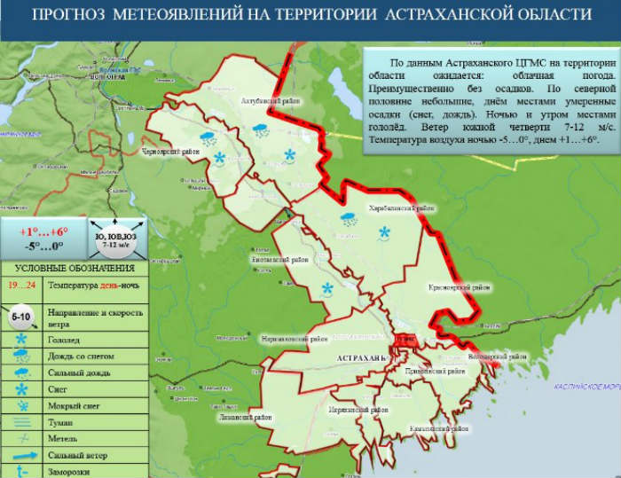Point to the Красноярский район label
[x=460, y=287]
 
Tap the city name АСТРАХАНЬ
[x=362, y=357]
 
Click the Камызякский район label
[x=408, y=427]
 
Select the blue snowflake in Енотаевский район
[x=327, y=287]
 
